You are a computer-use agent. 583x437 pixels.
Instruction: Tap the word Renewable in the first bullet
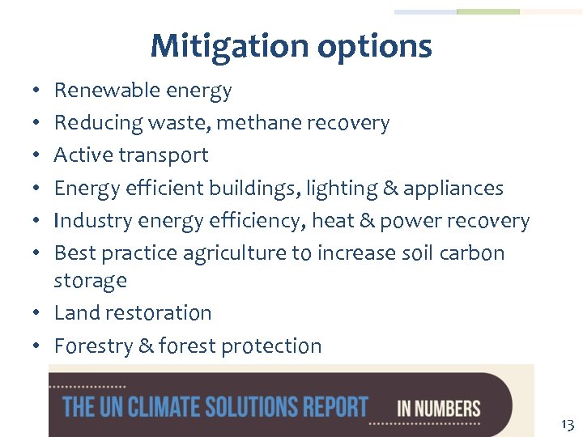(x=103, y=90)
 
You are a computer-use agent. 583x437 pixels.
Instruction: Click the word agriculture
(x=235, y=253)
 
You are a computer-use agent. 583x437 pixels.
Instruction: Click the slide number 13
(x=566, y=424)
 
